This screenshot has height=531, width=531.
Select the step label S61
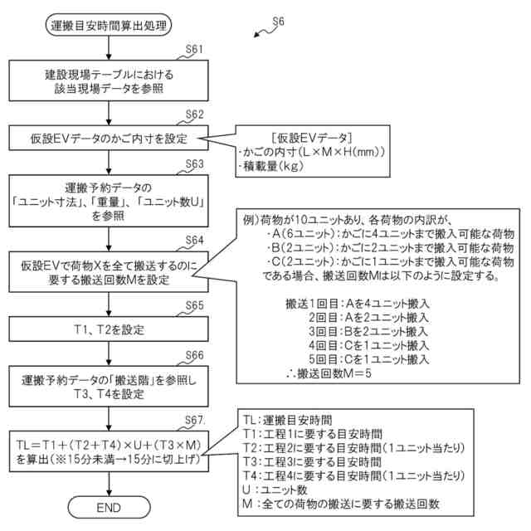(195, 50)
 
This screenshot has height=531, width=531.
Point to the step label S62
(195, 114)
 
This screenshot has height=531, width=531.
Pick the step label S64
(195, 241)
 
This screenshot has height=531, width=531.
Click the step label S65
(195, 304)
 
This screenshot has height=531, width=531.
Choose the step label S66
(195, 354)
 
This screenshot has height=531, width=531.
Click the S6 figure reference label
(275, 24)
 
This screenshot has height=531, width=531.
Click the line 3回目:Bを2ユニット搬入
(368, 330)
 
